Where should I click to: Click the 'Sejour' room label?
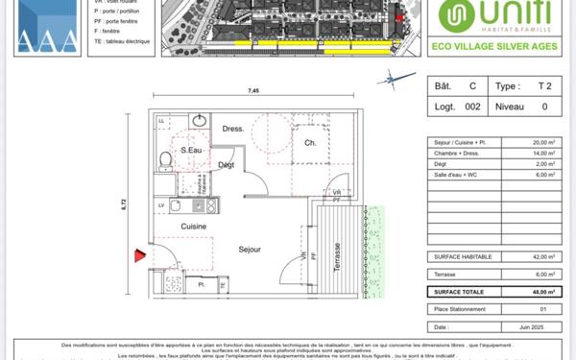(250, 250)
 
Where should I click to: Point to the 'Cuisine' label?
(194, 226)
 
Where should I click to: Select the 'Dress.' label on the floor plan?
(232, 129)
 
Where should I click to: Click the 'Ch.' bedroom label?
(310, 144)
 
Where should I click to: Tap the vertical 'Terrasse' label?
(337, 258)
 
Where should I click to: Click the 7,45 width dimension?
(252, 90)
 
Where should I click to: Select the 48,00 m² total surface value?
(545, 291)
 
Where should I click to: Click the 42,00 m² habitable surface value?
(545, 257)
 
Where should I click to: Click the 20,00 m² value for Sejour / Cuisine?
(545, 142)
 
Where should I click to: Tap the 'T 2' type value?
(546, 85)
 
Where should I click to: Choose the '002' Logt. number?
(471, 108)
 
